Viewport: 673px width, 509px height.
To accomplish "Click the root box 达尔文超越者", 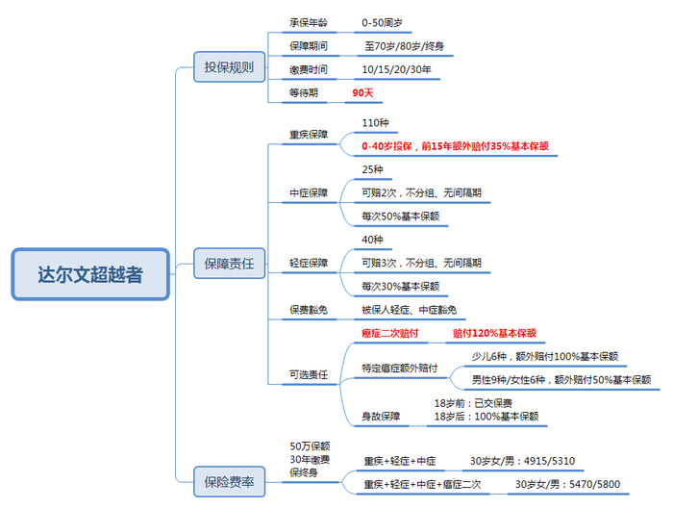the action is coord(90,274).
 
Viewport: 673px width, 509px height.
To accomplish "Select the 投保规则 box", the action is coord(229,67).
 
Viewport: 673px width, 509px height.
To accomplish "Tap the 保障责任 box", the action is coord(229,264).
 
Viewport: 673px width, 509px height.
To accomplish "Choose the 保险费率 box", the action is coord(229,481).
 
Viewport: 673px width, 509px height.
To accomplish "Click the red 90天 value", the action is coord(362,92).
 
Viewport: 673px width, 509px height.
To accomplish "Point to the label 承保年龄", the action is coord(309,23).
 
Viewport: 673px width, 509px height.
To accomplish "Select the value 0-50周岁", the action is coord(382,23).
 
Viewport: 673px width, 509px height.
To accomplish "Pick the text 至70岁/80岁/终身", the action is coord(405,46).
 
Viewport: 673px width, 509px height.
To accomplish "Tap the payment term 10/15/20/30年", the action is coord(396,69).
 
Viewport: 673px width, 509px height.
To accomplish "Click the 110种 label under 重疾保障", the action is coord(375,123).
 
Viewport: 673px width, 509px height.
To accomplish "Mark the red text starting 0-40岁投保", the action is coord(455,146).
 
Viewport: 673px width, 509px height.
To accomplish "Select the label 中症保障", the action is coord(309,192).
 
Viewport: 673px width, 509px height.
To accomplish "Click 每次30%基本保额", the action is coord(401,286).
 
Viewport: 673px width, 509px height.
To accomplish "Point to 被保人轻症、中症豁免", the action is coord(409,310).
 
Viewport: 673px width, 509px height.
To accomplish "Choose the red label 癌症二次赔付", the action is coord(389,333).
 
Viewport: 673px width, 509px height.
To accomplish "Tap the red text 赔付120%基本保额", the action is coord(494,333).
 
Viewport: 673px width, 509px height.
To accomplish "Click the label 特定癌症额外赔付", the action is coord(400,369).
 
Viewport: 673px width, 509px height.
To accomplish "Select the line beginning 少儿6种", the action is coord(545,357).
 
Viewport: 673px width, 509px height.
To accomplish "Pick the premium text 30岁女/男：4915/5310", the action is coord(522,461).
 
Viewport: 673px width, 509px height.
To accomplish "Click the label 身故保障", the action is coord(381,417).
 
